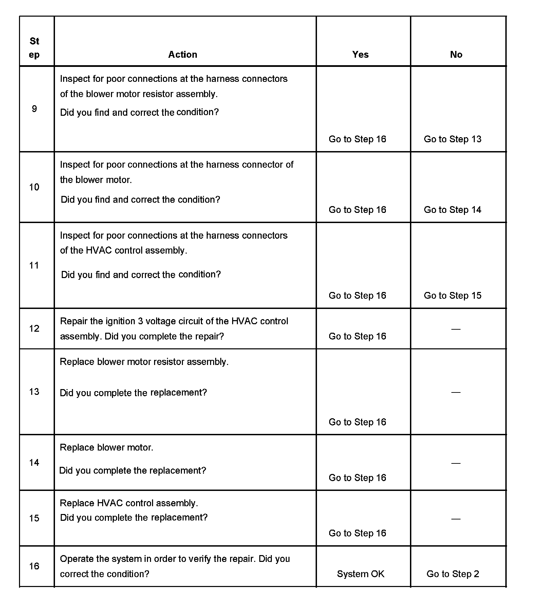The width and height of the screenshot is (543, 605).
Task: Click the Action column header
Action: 183,55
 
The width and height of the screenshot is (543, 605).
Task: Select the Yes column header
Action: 360,55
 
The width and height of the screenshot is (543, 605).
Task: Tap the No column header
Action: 456,55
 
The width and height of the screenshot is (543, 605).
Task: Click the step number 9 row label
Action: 34,109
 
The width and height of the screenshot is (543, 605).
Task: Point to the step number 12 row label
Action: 34,328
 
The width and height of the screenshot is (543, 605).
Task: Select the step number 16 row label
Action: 34,566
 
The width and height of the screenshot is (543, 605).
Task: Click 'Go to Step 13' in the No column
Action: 452,139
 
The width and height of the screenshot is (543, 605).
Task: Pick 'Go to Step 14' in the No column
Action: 452,210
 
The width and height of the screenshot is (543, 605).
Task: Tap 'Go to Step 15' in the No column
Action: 452,295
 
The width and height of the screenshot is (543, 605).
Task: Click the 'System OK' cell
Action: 360,574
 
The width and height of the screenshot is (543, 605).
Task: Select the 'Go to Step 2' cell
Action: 453,574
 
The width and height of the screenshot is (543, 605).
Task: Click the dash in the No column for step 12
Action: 456,329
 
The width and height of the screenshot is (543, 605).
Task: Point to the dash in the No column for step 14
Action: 456,463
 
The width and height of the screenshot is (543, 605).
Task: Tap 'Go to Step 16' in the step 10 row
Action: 357,210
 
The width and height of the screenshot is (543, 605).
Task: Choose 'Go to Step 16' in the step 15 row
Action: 357,533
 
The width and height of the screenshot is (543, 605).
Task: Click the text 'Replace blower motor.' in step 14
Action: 107,447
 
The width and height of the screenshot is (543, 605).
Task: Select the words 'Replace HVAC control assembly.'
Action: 129,503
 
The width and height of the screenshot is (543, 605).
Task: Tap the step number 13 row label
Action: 34,391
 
